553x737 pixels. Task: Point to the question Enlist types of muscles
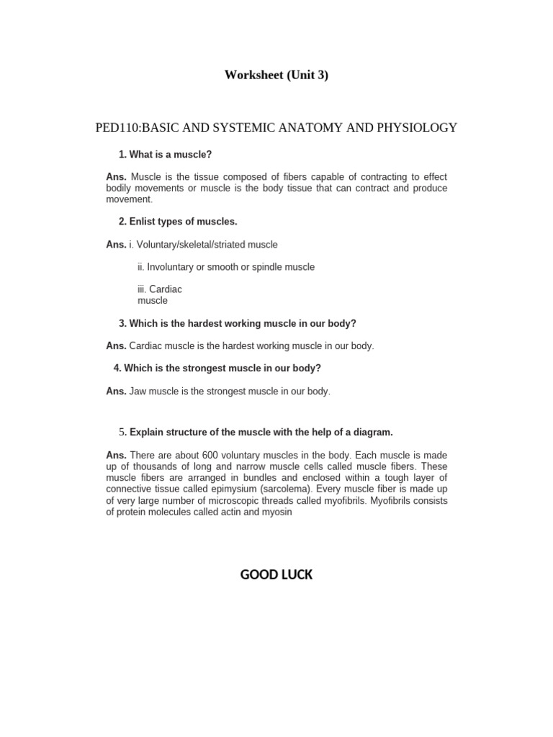point(183,222)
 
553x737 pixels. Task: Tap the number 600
point(210,456)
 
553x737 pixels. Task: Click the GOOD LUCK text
point(276,575)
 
